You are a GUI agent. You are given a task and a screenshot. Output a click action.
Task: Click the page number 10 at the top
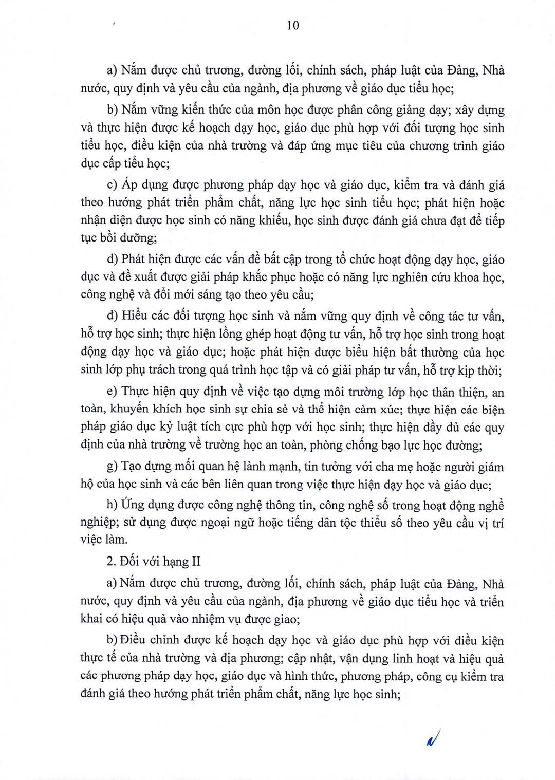[x=292, y=25]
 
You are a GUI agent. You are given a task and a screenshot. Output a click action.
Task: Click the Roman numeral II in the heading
[x=195, y=561]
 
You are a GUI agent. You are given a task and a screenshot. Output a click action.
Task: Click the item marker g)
[x=112, y=467]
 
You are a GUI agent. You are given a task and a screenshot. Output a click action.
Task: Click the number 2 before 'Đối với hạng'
[x=109, y=561]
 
